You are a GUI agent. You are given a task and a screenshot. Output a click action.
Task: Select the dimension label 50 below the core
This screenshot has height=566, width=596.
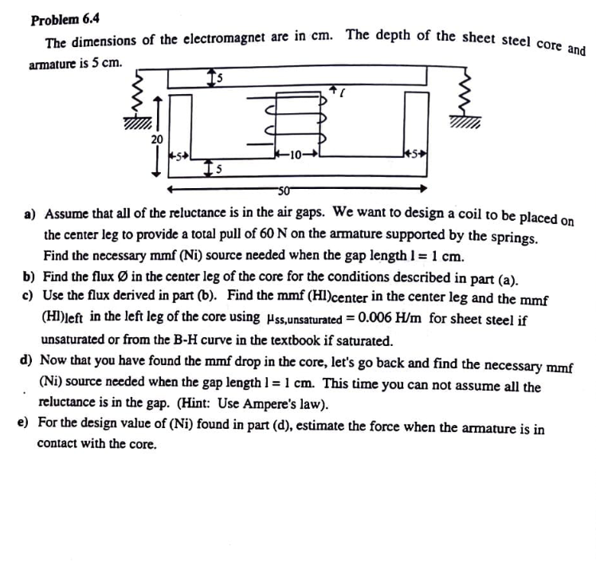click(285, 189)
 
